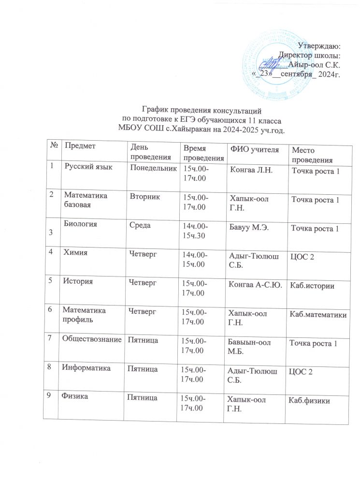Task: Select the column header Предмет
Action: pos(80,145)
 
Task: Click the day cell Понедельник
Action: pos(150,167)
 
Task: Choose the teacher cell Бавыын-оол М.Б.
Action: pos(248,347)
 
